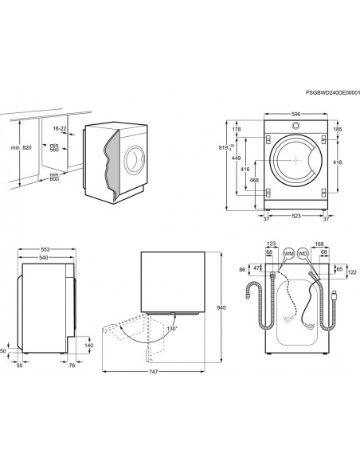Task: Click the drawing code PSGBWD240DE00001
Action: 333,93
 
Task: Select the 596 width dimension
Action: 295,114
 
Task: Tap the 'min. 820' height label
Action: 21,147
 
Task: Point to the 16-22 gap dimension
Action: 60,128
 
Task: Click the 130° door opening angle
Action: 172,329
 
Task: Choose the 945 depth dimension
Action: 221,308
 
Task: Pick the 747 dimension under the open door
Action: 153,372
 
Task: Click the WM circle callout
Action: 288,253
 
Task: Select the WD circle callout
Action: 303,253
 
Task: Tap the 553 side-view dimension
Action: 45,250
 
